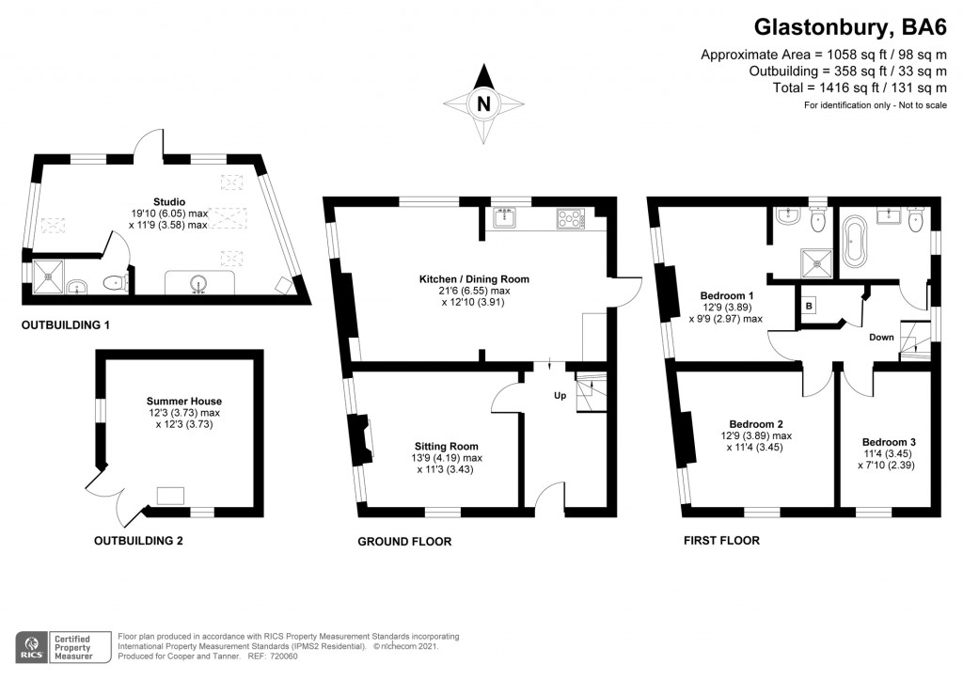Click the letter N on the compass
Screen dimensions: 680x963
click(x=483, y=104)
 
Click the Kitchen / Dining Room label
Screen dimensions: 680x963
click(x=474, y=279)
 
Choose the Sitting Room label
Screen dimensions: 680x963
click(x=446, y=447)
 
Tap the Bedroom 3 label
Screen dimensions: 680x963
click(x=889, y=441)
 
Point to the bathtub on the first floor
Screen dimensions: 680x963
click(x=856, y=242)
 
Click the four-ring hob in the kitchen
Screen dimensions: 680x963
click(x=570, y=219)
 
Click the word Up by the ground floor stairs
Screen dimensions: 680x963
click(x=559, y=395)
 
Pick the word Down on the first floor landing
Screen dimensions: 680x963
click(x=881, y=337)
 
